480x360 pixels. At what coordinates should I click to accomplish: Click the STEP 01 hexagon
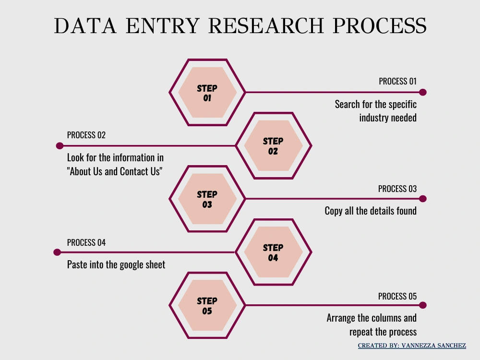point(207,92)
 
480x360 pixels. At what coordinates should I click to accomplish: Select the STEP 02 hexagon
point(274,146)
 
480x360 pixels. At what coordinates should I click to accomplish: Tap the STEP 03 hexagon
point(207,199)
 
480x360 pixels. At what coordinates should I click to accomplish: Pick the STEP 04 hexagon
point(274,252)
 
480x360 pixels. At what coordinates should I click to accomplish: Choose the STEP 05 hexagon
point(207,305)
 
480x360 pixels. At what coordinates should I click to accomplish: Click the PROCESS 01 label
point(397,82)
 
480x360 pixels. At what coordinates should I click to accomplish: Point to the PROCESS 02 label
point(86,135)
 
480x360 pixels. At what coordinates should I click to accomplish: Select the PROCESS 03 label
point(397,189)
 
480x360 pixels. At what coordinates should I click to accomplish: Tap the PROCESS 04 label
point(86,242)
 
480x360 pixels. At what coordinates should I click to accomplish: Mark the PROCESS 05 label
point(397,296)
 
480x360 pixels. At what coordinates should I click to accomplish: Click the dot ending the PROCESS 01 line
point(423,92)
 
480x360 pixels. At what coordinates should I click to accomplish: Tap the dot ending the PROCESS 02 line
point(60,146)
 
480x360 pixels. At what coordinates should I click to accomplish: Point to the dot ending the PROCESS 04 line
point(57,252)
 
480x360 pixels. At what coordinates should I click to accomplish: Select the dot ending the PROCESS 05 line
point(423,305)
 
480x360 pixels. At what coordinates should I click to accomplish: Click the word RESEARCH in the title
point(266,26)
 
